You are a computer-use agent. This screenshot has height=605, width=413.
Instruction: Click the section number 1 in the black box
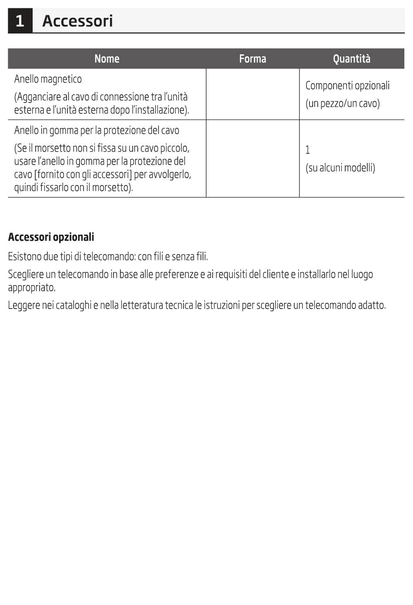coord(20,21)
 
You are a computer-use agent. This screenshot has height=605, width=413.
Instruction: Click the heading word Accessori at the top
coord(77,21)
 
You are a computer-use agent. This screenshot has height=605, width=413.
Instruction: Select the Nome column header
coord(107,59)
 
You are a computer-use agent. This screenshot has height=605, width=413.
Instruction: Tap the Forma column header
coord(253,59)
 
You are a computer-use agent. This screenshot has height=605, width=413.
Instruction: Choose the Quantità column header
coord(351,59)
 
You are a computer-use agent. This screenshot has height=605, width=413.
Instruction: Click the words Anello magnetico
coord(48,79)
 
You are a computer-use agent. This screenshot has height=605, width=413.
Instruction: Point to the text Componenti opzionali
coord(347,86)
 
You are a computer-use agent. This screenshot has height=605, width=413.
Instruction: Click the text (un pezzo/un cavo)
coord(343,103)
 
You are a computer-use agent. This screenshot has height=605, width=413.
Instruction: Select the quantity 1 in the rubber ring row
coord(308,150)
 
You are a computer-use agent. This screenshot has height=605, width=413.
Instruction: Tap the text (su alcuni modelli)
coord(340,168)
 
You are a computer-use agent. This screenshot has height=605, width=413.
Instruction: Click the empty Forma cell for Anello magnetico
coord(253,94)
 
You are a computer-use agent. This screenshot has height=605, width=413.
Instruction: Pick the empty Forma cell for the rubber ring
coord(253,159)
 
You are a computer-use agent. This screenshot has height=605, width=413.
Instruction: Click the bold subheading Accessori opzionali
coord(51,237)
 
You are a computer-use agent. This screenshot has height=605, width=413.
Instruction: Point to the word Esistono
coord(24,256)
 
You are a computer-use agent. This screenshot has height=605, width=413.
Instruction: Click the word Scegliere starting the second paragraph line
coord(25,275)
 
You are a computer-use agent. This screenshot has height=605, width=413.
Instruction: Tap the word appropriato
coord(31,288)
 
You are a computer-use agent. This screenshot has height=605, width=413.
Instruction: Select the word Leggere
coord(23,306)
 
